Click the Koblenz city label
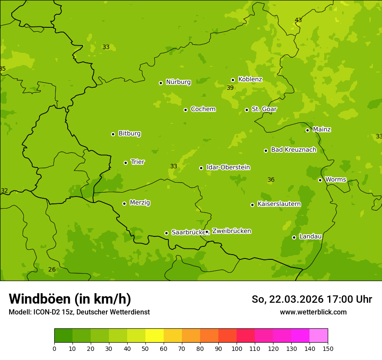[250, 79]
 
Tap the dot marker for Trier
[126, 163]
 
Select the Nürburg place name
[178, 82]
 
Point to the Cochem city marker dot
[185, 110]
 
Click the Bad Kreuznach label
[293, 150]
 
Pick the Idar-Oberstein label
[228, 167]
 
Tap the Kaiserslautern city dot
[252, 205]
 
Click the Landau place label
[310, 236]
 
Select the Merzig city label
[140, 203]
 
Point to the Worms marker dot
[320, 180]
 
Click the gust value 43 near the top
[298, 20]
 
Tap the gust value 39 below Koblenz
[230, 88]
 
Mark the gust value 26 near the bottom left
[52, 270]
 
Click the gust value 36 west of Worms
[271, 180]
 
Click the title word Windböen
[40, 299]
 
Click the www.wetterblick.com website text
[313, 312]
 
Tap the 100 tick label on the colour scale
[237, 348]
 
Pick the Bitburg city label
[129, 134]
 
